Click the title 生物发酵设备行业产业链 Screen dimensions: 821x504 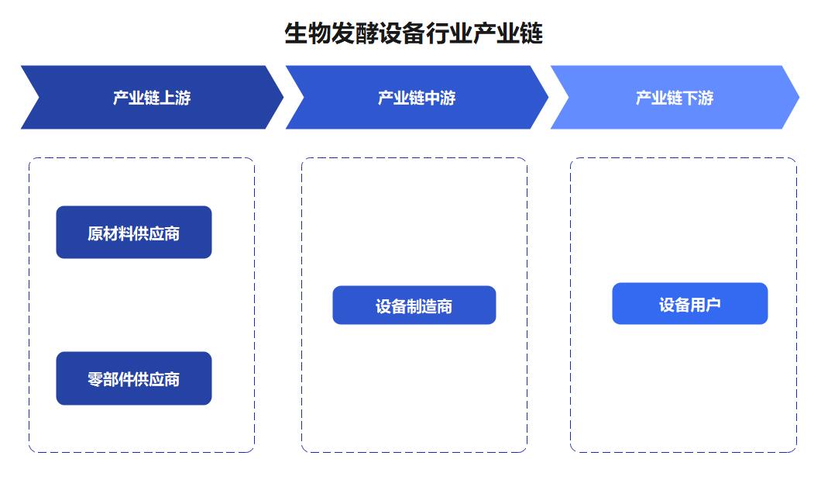[414, 34]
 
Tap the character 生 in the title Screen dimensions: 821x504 [296, 34]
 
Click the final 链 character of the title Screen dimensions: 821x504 [531, 34]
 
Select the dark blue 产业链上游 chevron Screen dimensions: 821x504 [152, 98]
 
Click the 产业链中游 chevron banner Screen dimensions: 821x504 [417, 98]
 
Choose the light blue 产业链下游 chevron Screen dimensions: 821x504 [675, 98]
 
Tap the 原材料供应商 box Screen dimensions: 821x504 [134, 232]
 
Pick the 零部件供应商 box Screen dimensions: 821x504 [134, 378]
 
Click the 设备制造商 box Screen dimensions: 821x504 [414, 305]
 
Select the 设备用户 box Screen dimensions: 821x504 [690, 303]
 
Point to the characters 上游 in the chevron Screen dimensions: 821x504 [175, 98]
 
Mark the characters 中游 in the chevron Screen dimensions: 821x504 [441, 98]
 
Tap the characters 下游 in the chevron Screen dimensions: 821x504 [698, 98]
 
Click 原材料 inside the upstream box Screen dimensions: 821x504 [111, 233]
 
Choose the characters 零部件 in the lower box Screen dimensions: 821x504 [111, 379]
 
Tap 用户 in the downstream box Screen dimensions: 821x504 [706, 305]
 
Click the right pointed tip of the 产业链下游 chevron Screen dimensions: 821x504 [799, 97]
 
